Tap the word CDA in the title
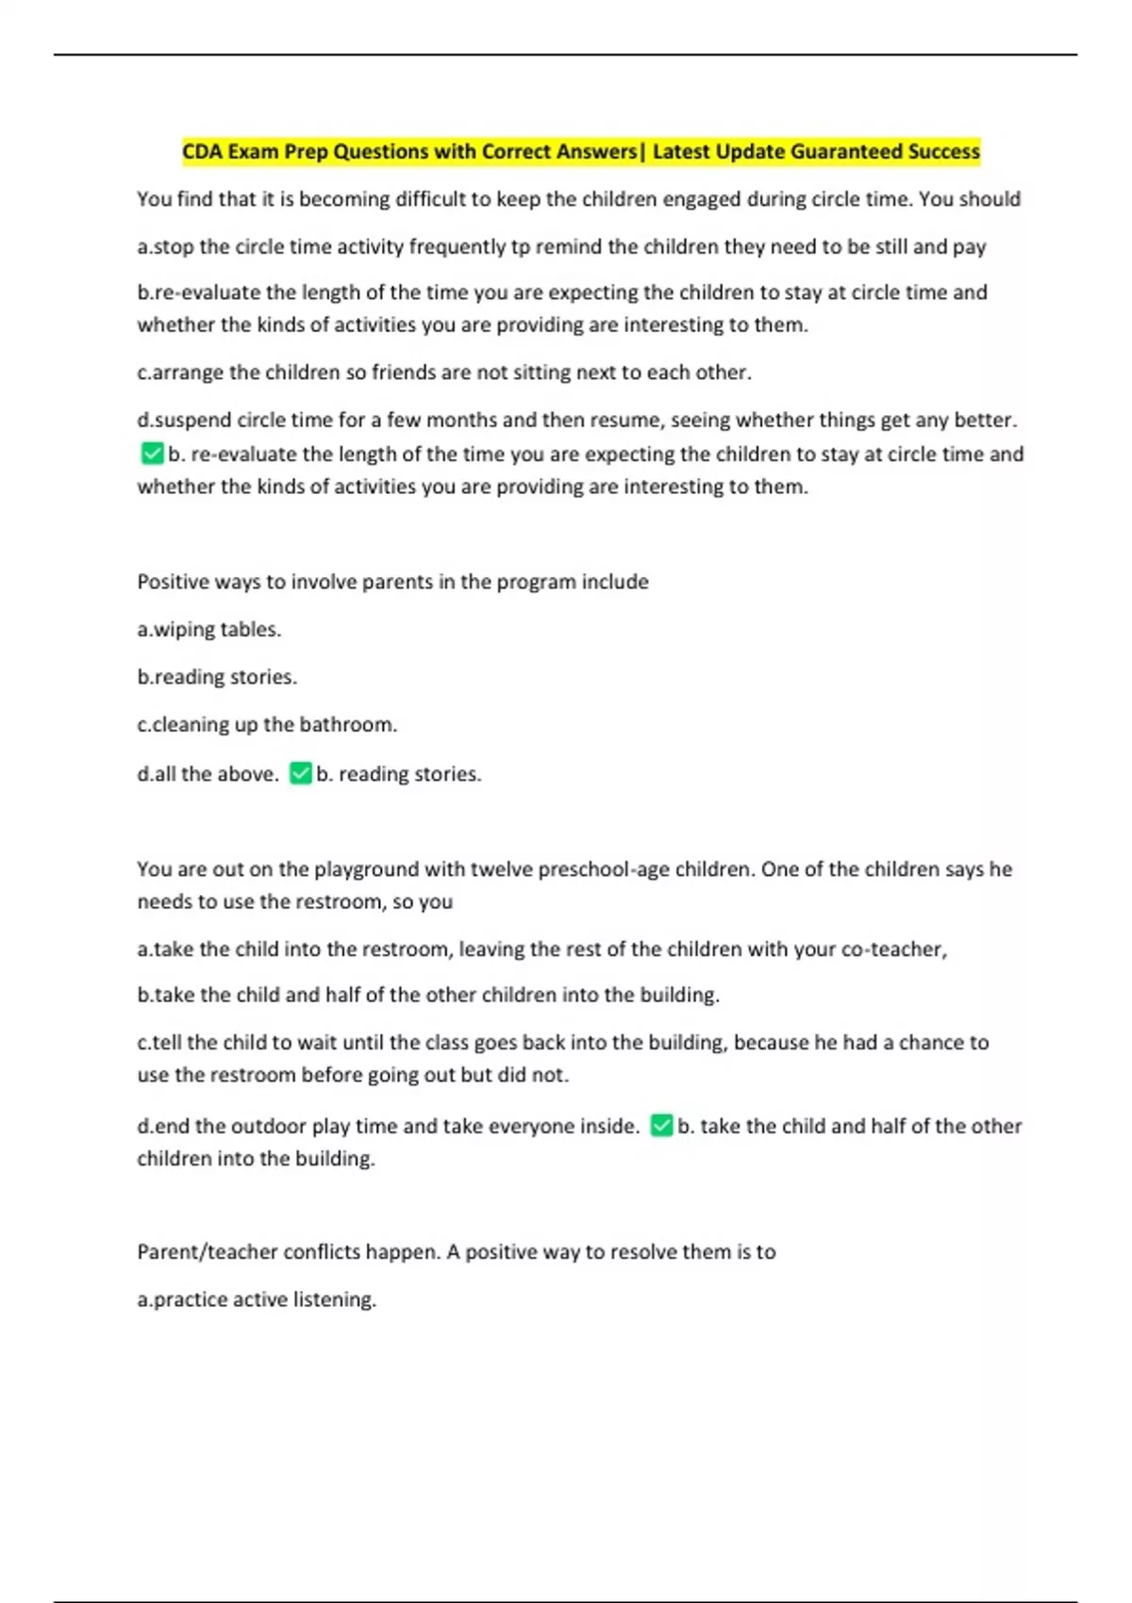(x=202, y=152)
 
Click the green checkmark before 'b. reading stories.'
(x=301, y=774)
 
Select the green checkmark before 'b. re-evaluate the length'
(x=152, y=454)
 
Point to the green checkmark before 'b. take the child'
(x=662, y=1126)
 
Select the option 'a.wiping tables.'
(x=209, y=630)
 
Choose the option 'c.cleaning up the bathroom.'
(x=267, y=725)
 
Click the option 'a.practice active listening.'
(x=257, y=1299)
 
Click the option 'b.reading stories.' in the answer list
(x=217, y=677)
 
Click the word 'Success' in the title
(x=942, y=152)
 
